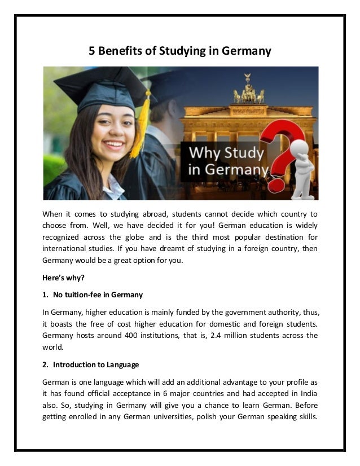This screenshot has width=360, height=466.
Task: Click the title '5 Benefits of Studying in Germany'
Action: click(180, 51)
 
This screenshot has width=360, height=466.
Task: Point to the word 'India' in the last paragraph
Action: click(307, 394)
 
